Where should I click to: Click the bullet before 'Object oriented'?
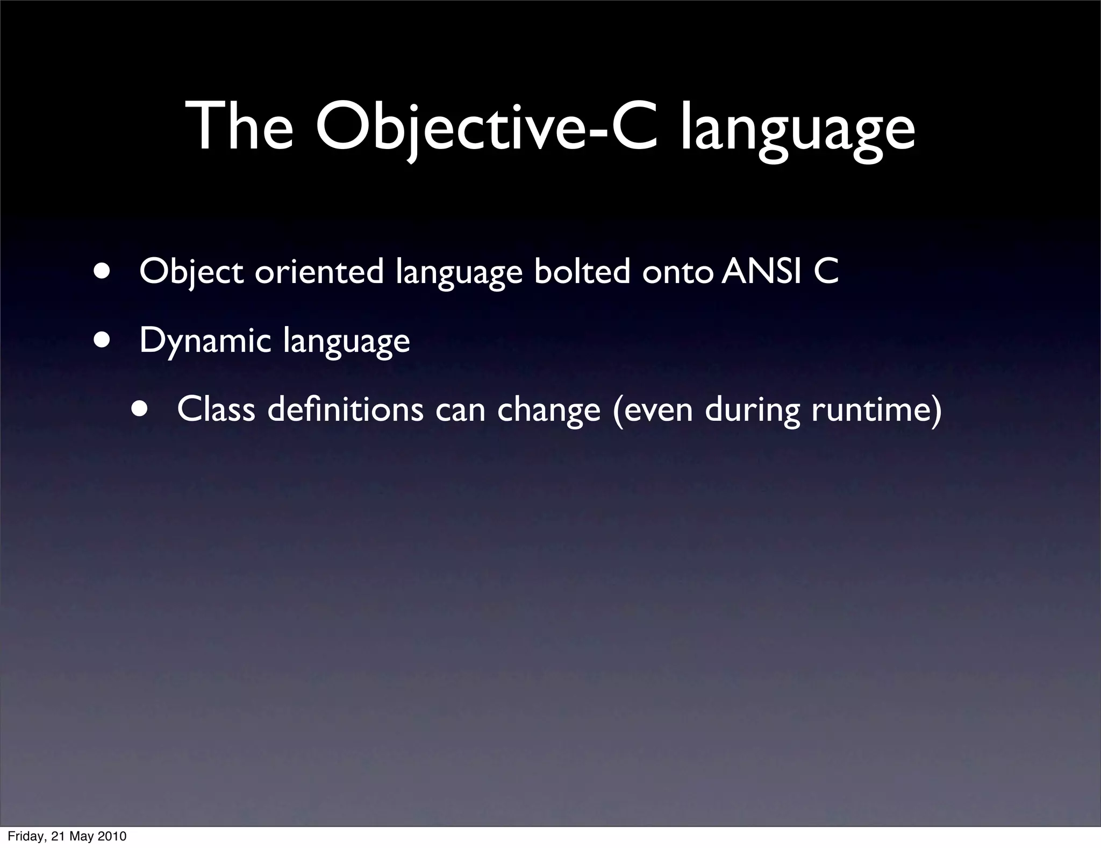(102, 271)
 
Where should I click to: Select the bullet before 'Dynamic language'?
(102, 340)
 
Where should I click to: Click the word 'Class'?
(216, 409)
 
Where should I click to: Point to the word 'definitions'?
(345, 409)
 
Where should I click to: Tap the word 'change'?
(548, 410)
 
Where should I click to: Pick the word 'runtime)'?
(876, 410)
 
